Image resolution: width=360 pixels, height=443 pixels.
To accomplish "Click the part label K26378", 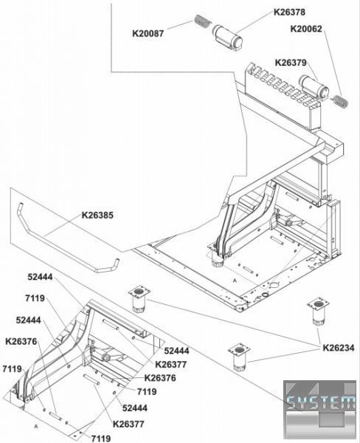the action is pos(289,12).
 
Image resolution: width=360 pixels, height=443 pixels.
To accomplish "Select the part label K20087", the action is pos(148,34).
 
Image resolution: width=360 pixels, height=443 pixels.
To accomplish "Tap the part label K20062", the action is pos(306,29).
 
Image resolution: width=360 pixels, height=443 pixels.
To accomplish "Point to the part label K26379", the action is pos(291,63).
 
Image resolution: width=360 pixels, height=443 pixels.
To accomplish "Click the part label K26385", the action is pos(97,216).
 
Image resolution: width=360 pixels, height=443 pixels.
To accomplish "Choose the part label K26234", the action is pos(339,348).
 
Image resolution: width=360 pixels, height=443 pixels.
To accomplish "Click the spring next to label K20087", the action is pos(202,21).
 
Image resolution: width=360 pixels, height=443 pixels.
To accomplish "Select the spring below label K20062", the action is pos(339,101).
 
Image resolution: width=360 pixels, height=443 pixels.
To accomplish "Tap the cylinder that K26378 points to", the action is pos(227,38).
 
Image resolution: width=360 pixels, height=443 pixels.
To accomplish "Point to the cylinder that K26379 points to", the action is pos(314,86).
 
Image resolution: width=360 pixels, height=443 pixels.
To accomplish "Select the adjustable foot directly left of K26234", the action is pos(240,357).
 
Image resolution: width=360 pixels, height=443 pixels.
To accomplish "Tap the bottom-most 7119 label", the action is pos(101,438).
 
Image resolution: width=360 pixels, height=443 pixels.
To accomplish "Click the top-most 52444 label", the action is pos(40,277).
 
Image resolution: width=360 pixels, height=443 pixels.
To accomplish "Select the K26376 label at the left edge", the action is pos(21,341).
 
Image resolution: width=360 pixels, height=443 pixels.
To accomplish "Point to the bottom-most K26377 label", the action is pos(128,424).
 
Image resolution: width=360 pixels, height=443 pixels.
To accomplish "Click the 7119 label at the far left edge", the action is pos(12,368).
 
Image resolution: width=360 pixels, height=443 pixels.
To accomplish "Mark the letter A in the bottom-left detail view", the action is pos(36,426).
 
